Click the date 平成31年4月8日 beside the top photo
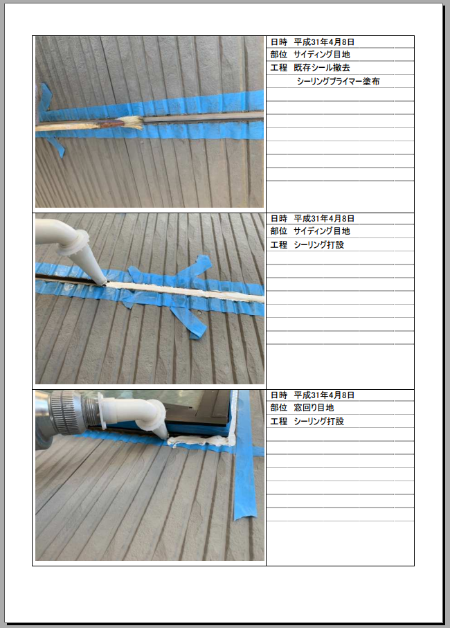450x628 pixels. click(324, 42)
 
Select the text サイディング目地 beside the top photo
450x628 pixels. click(321, 55)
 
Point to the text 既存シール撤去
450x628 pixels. click(321, 68)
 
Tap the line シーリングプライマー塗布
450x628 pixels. click(338, 81)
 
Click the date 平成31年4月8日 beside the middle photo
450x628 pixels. click(324, 218)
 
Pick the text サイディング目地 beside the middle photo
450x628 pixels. click(321, 231)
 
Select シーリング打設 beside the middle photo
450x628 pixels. click(318, 244)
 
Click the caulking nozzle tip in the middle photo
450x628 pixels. click(104, 281)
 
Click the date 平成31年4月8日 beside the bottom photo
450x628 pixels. click(324, 395)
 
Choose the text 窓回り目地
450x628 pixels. click(314, 408)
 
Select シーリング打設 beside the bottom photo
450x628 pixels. click(318, 422)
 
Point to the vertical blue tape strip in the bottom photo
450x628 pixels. click(244, 456)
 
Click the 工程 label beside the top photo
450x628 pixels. click(278, 68)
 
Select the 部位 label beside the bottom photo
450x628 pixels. click(278, 408)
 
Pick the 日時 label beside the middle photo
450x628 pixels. click(278, 218)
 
